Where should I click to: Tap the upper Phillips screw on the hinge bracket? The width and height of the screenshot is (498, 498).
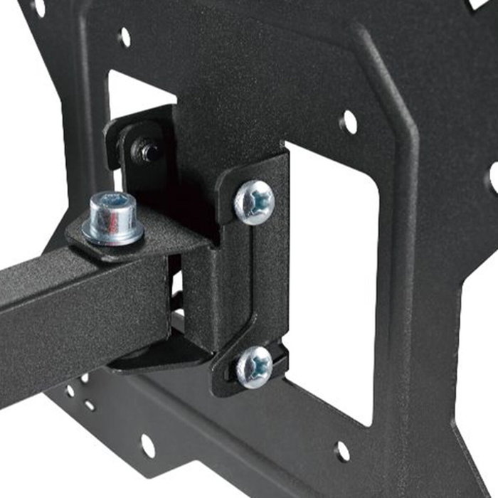click(x=254, y=202)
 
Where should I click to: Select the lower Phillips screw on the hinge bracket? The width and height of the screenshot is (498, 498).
click(x=254, y=367)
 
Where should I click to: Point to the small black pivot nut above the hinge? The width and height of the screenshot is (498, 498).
click(x=148, y=151)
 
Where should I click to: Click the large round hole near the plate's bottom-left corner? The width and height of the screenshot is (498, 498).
click(x=147, y=445)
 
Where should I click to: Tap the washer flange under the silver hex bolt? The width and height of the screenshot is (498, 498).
click(x=113, y=232)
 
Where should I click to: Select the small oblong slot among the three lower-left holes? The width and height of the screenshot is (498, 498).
click(x=90, y=406)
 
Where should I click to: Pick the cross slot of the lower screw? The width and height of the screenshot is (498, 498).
click(x=254, y=368)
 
